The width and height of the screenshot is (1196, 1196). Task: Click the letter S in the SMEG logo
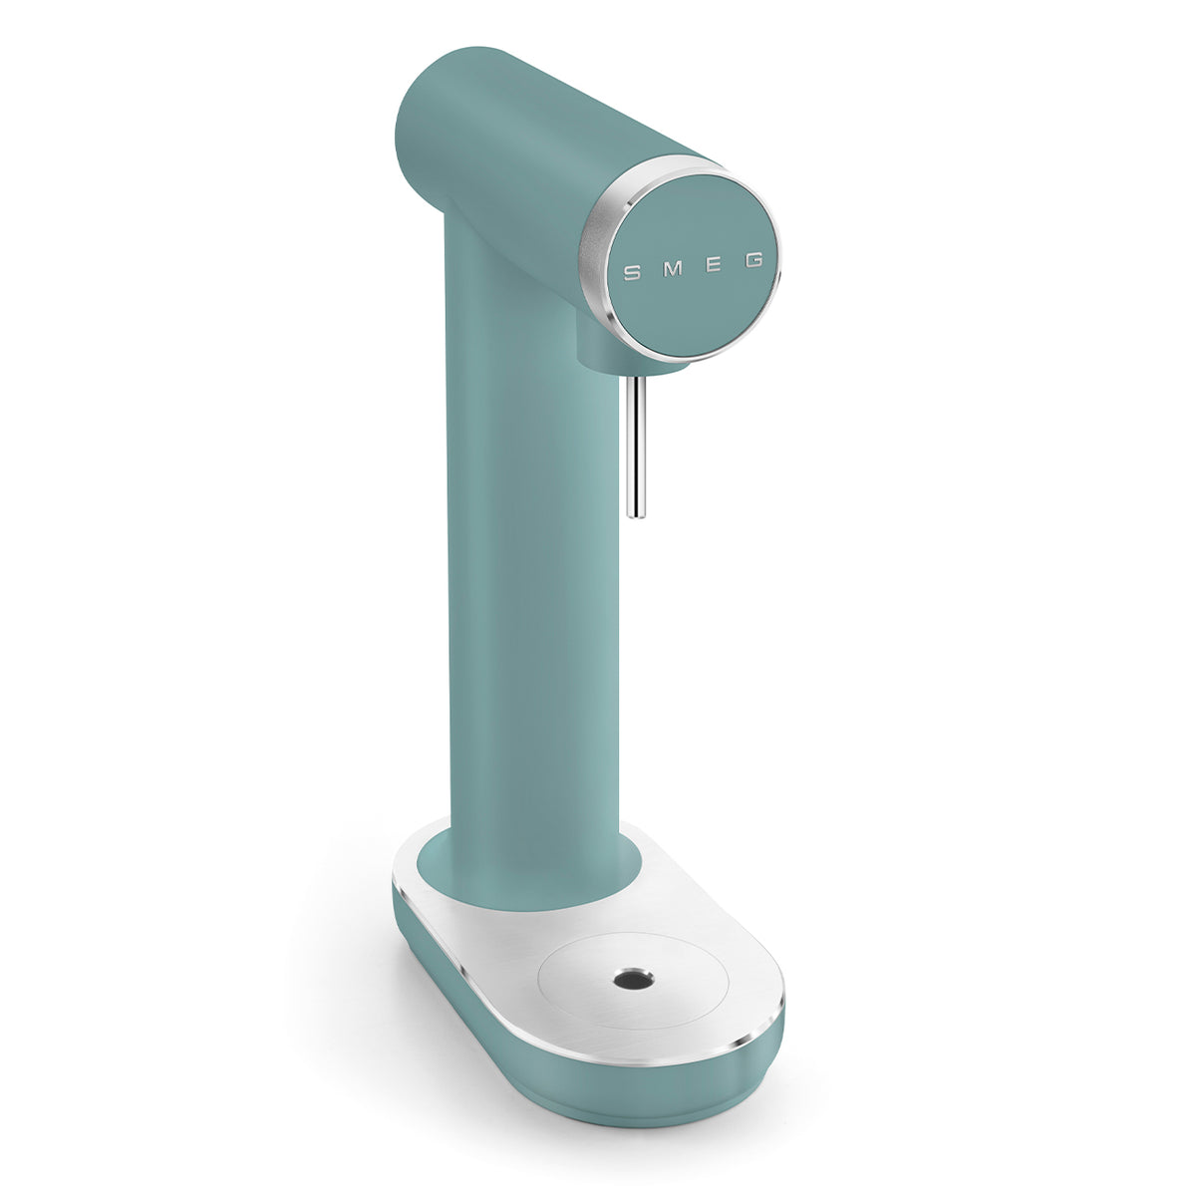click(x=630, y=271)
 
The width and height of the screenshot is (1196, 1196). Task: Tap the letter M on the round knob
click(x=672, y=268)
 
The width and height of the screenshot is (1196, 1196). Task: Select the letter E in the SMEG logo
click(x=715, y=264)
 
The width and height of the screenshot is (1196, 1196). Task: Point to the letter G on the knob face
click(x=754, y=260)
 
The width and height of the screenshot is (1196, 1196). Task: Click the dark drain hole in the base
click(x=629, y=980)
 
